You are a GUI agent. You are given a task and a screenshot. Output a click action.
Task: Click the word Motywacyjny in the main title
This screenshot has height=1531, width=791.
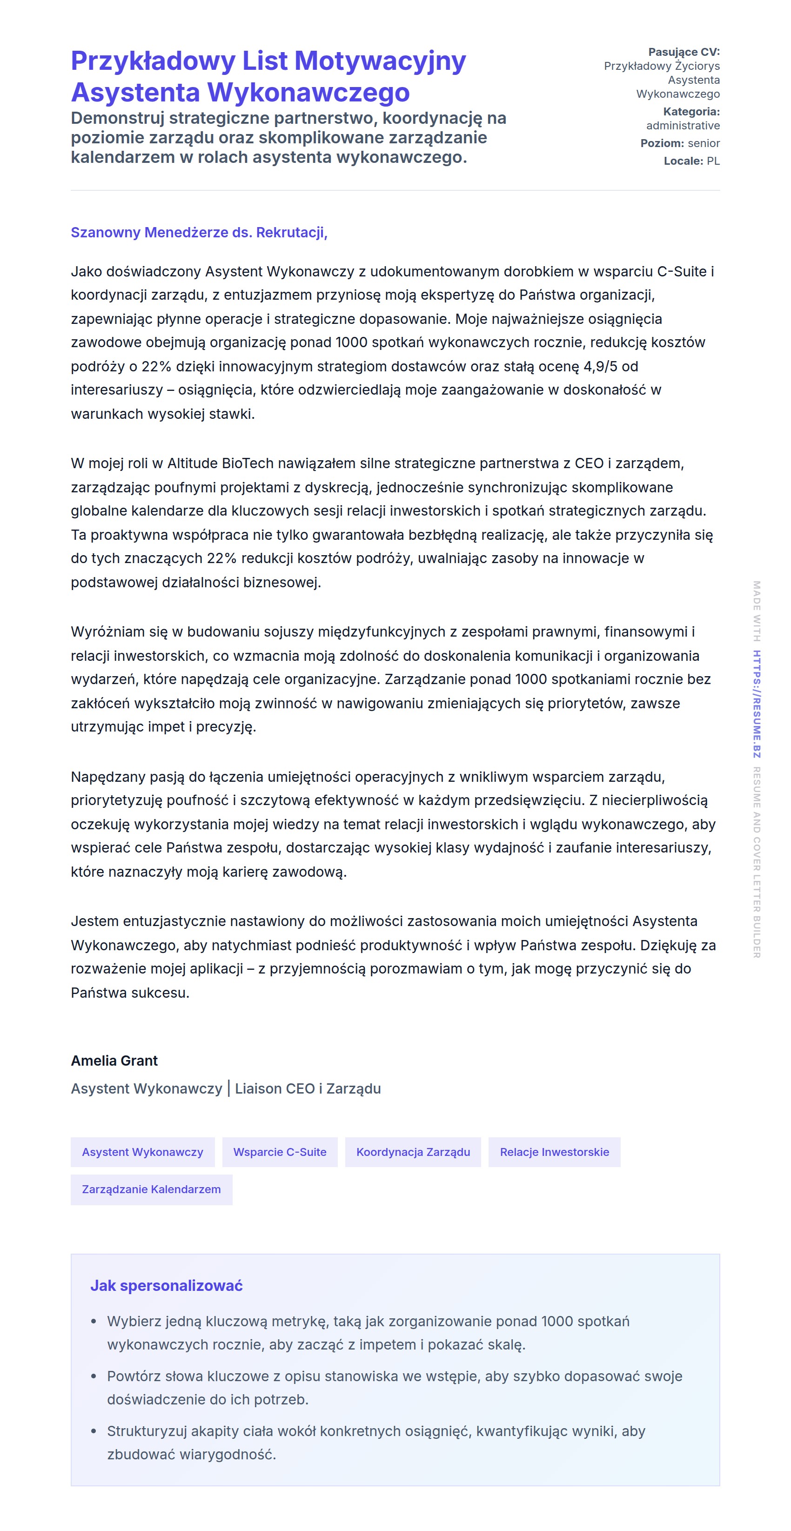click(x=380, y=61)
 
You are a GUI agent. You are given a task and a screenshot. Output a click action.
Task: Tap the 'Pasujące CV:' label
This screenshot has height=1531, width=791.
click(x=684, y=52)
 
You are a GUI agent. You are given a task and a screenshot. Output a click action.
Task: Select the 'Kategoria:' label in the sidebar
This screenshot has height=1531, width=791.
click(x=691, y=112)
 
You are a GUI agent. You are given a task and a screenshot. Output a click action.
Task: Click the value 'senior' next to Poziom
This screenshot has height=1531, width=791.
click(x=704, y=143)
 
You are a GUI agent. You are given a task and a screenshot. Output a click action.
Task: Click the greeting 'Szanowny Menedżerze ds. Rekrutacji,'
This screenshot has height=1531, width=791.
click(x=199, y=232)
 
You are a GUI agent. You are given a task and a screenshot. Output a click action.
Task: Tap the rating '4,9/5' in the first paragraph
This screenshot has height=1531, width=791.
click(x=600, y=367)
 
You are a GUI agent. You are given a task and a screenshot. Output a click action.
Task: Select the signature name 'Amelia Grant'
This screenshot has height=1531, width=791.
click(x=114, y=1061)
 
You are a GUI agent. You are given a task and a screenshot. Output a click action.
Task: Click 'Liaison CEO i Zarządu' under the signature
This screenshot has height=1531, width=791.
click(x=308, y=1089)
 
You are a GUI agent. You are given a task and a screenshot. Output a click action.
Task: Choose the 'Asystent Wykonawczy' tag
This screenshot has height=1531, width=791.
click(x=143, y=1152)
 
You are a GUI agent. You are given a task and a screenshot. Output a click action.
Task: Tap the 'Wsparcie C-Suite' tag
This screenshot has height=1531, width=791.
click(x=280, y=1152)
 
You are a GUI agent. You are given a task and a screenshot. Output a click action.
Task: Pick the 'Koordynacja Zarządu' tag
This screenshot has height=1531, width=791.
click(x=413, y=1152)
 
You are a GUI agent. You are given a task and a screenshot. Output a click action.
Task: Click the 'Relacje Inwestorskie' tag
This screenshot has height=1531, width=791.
click(x=555, y=1152)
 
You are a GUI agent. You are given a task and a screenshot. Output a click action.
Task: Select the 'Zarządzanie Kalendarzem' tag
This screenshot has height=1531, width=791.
click(x=152, y=1190)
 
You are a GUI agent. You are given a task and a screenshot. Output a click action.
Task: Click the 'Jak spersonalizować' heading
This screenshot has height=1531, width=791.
click(x=167, y=1286)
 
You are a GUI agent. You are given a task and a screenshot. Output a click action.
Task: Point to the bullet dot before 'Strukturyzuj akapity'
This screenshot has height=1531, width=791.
click(x=94, y=1432)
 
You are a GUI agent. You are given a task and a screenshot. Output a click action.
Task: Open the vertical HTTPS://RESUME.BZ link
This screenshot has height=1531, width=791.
click(x=757, y=704)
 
